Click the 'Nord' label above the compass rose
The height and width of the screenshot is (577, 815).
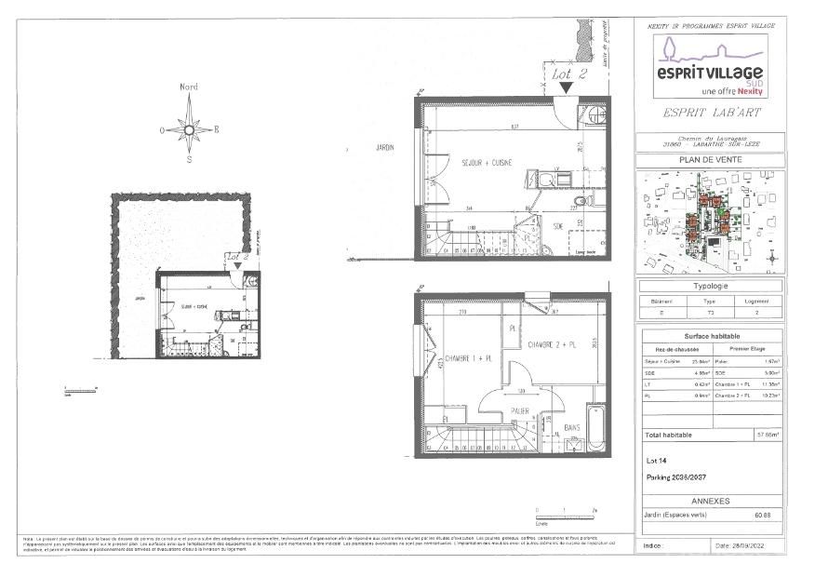tap(189, 87)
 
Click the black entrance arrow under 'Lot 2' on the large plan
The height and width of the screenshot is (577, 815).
tap(566, 87)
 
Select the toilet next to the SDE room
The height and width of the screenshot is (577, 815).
tap(581, 200)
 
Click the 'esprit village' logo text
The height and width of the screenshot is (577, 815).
tap(710, 72)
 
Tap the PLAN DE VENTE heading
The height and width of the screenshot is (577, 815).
tap(709, 160)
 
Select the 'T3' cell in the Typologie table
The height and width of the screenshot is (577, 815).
tap(709, 315)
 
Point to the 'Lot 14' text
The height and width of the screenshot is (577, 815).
tap(656, 460)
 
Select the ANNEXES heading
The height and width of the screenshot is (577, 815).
tap(709, 500)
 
